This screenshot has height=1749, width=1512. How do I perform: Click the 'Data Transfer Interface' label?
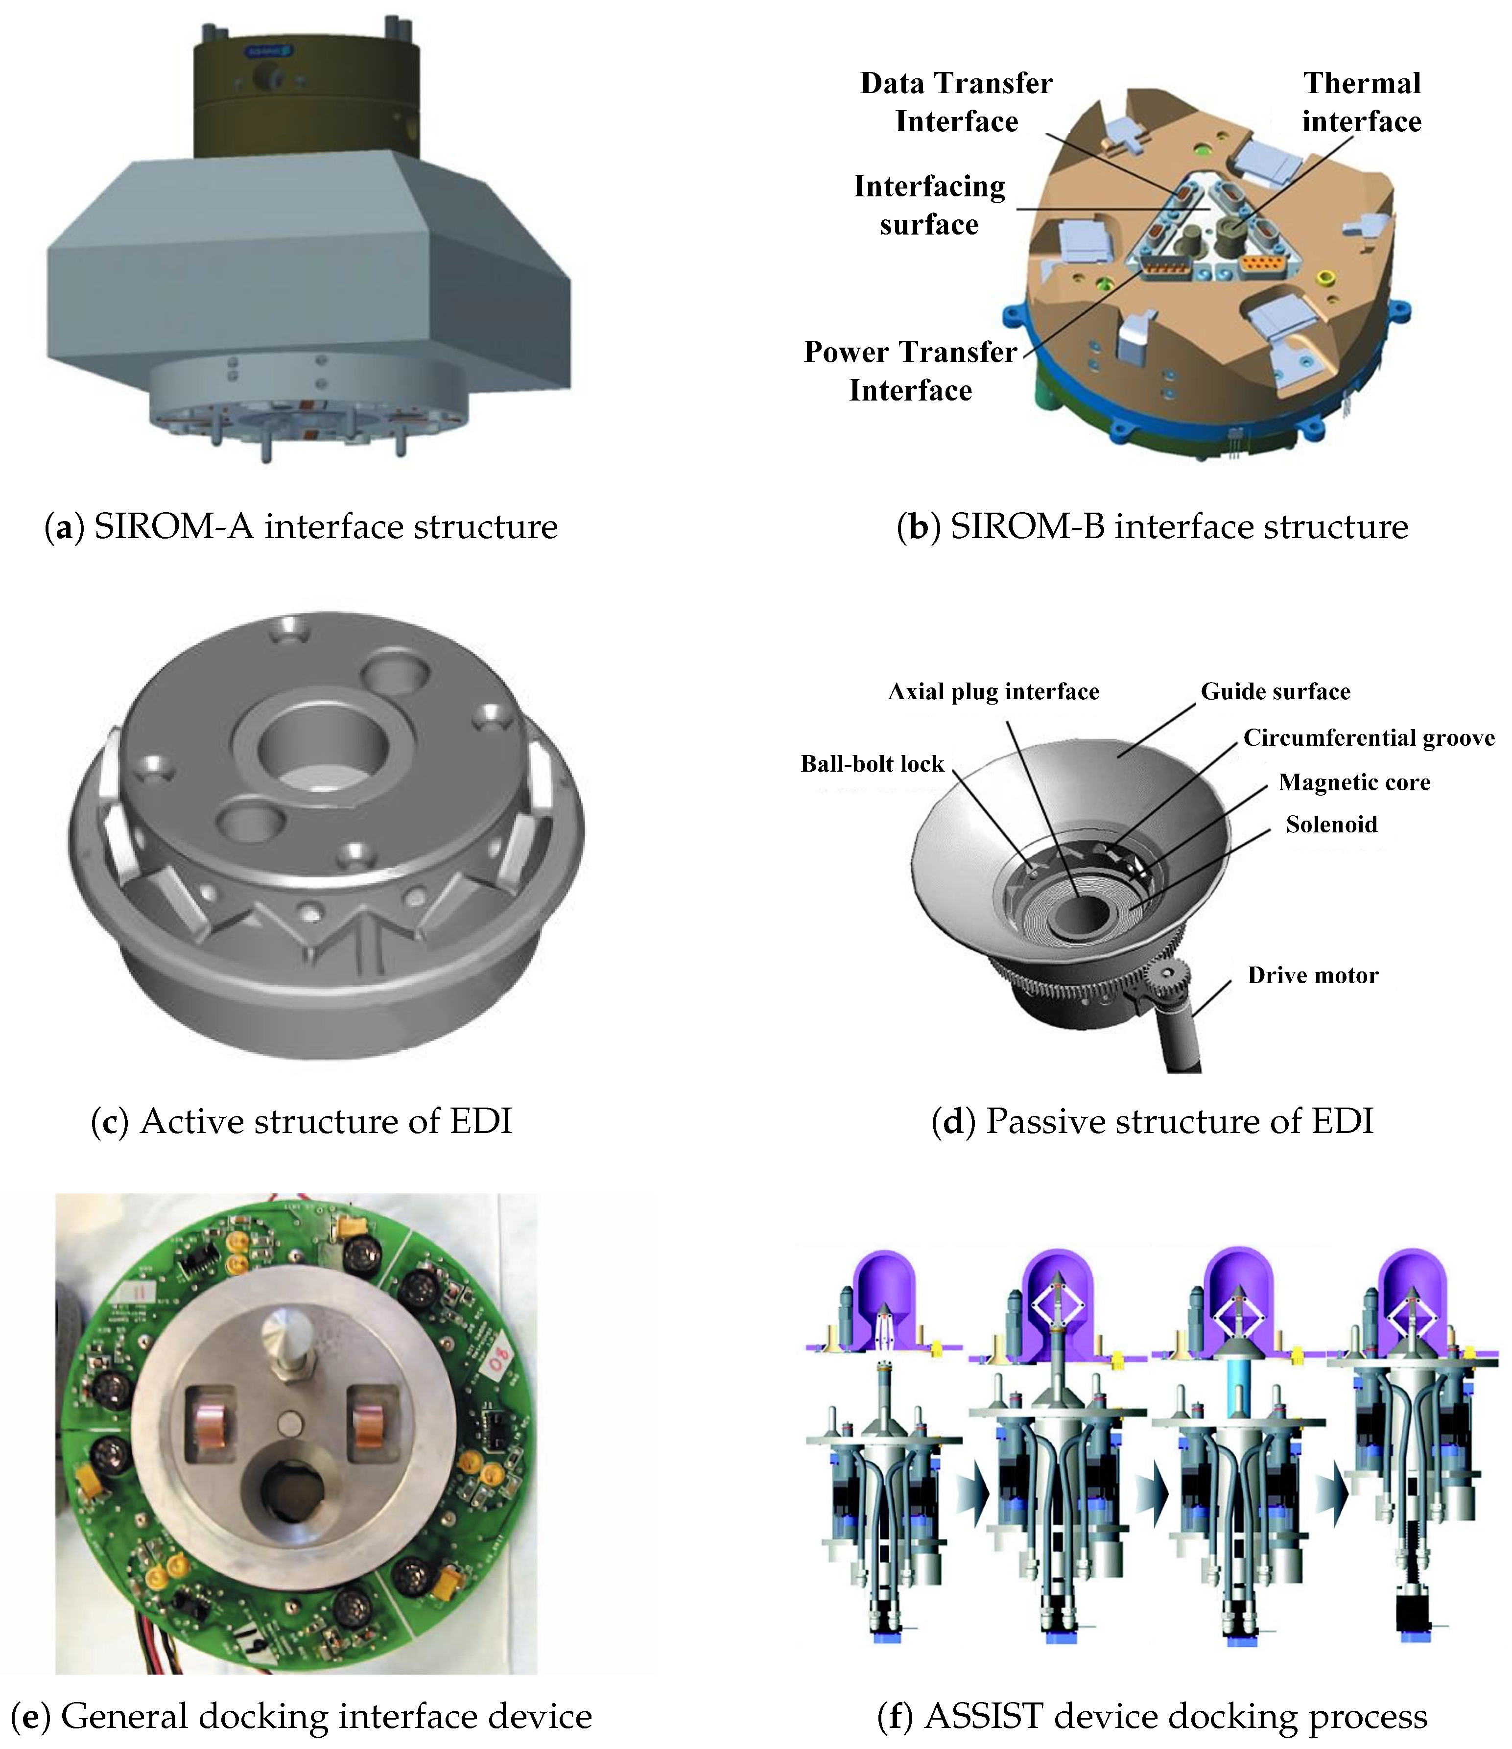(x=956, y=102)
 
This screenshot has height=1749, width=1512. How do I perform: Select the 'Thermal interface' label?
(x=1362, y=102)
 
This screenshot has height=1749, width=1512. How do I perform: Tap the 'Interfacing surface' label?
(x=929, y=205)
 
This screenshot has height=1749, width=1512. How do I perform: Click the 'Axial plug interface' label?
(x=993, y=692)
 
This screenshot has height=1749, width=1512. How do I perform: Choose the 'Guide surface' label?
(x=1276, y=692)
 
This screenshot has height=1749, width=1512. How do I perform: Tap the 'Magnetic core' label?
(x=1354, y=782)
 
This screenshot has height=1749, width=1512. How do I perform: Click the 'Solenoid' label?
(x=1331, y=825)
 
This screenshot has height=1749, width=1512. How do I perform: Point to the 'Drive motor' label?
(x=1313, y=976)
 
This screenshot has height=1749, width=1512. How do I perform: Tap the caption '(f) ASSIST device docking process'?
(x=1153, y=1717)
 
